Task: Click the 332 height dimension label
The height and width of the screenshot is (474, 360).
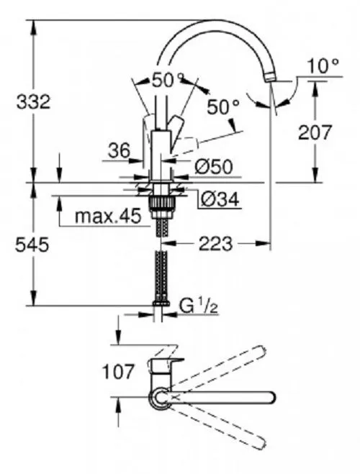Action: (33, 102)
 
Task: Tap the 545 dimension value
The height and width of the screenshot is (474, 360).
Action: (32, 245)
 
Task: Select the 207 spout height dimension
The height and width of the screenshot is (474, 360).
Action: (315, 133)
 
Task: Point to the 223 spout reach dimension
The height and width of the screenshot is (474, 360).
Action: (215, 244)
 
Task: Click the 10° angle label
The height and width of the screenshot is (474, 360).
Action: (323, 66)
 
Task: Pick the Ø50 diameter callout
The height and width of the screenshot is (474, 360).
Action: (214, 167)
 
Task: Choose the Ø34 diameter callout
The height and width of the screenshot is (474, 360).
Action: (220, 199)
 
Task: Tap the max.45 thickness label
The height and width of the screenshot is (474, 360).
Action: (108, 217)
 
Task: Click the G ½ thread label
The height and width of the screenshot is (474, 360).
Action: (199, 306)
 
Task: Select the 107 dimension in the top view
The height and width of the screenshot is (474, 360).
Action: (117, 372)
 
